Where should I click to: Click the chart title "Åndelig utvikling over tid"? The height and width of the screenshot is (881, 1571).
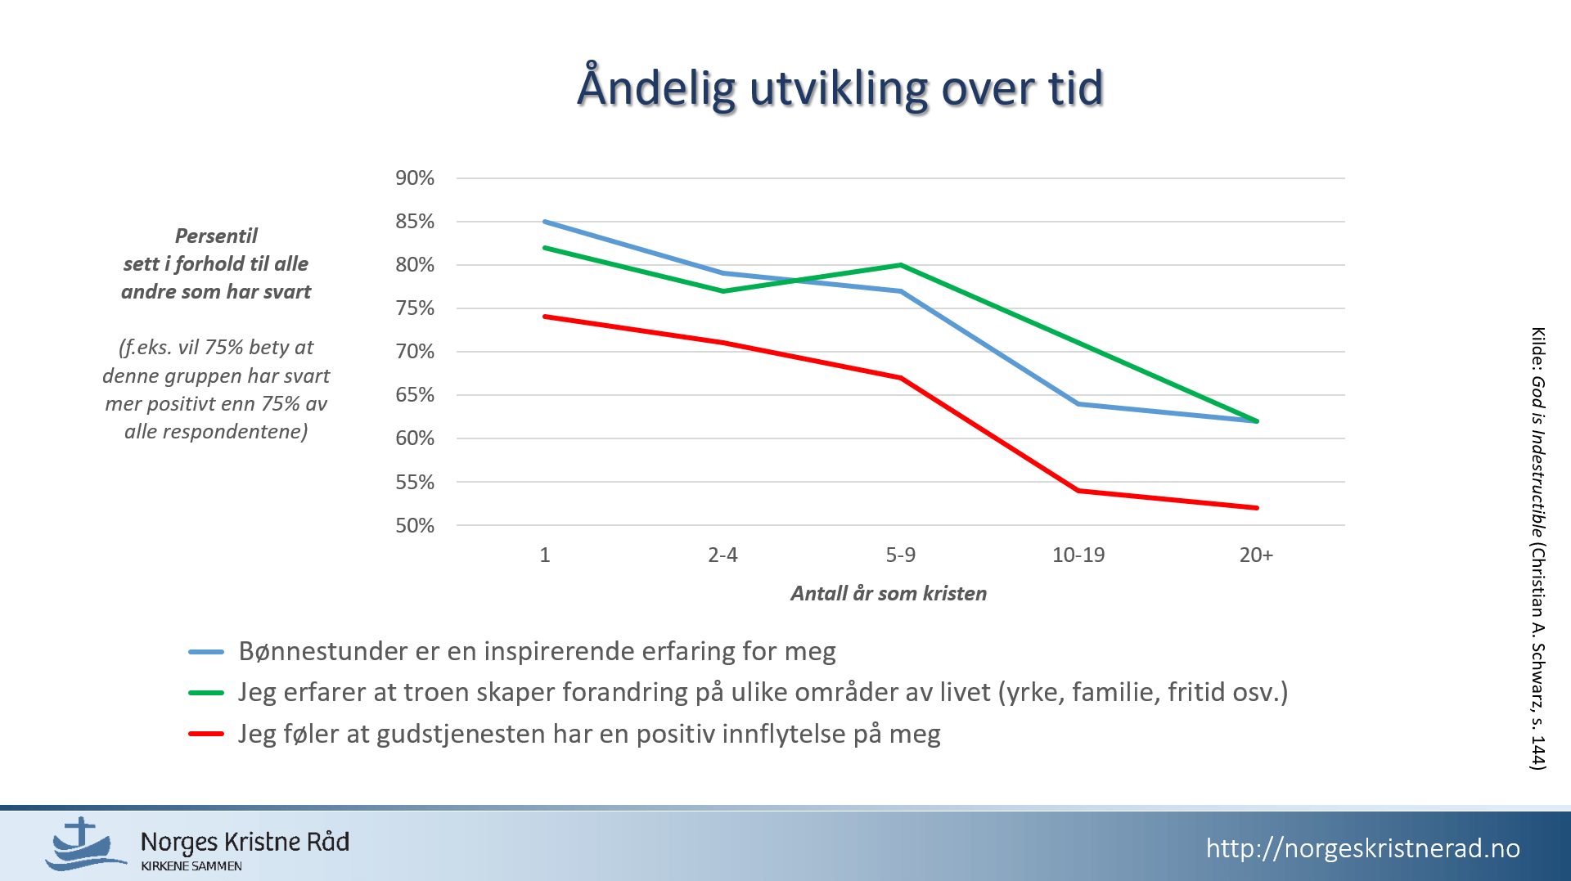(840, 87)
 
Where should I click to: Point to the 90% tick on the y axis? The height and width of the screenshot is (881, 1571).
(415, 178)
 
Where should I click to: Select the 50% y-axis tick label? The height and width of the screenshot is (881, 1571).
(415, 525)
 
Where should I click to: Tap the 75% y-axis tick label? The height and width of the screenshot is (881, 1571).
(415, 308)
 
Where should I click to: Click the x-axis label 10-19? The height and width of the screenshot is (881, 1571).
(1078, 555)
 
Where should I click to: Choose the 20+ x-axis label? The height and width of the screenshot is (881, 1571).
(1256, 555)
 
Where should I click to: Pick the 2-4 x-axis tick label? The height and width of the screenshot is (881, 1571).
(722, 555)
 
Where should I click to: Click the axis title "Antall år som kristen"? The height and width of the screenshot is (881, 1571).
(889, 593)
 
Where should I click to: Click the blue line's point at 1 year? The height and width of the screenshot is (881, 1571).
(545, 222)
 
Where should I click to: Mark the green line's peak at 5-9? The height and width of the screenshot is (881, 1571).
(901, 265)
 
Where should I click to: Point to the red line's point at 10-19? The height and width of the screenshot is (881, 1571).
(1078, 491)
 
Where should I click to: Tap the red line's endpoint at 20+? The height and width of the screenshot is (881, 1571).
(1257, 508)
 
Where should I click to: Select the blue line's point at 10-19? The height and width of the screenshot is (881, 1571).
(1078, 404)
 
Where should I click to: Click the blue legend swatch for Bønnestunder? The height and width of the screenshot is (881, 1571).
(206, 652)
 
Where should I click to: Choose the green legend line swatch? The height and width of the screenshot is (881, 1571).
(206, 693)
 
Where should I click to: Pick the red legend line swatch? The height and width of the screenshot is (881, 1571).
(206, 734)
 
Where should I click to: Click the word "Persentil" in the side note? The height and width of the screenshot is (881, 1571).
(216, 236)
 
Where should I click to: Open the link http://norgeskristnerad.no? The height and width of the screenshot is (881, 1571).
(1363, 848)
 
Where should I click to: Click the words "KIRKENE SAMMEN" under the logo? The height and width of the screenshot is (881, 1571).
(191, 866)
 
